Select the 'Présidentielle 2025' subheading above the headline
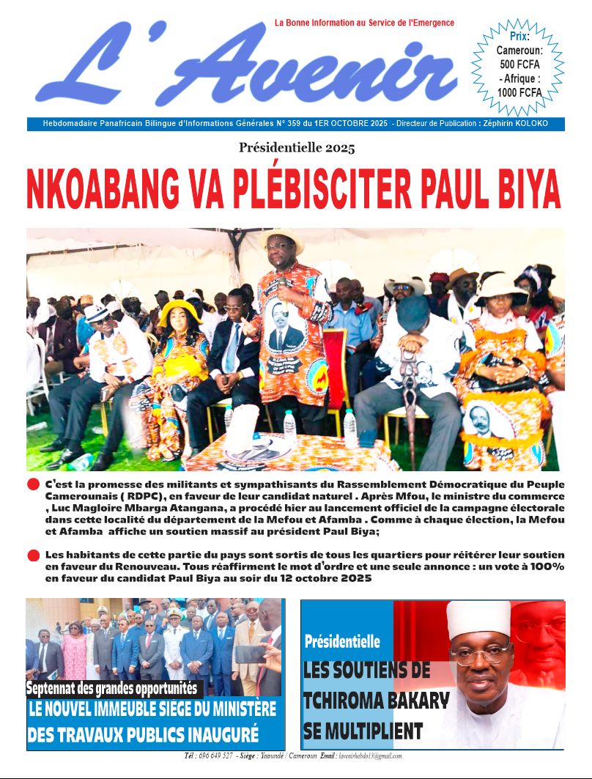point(296,148)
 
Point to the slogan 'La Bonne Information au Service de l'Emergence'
point(364,23)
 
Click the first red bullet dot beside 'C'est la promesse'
point(33,485)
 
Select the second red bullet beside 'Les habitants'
point(33,555)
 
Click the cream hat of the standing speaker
point(281,237)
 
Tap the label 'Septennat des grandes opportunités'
point(114,688)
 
